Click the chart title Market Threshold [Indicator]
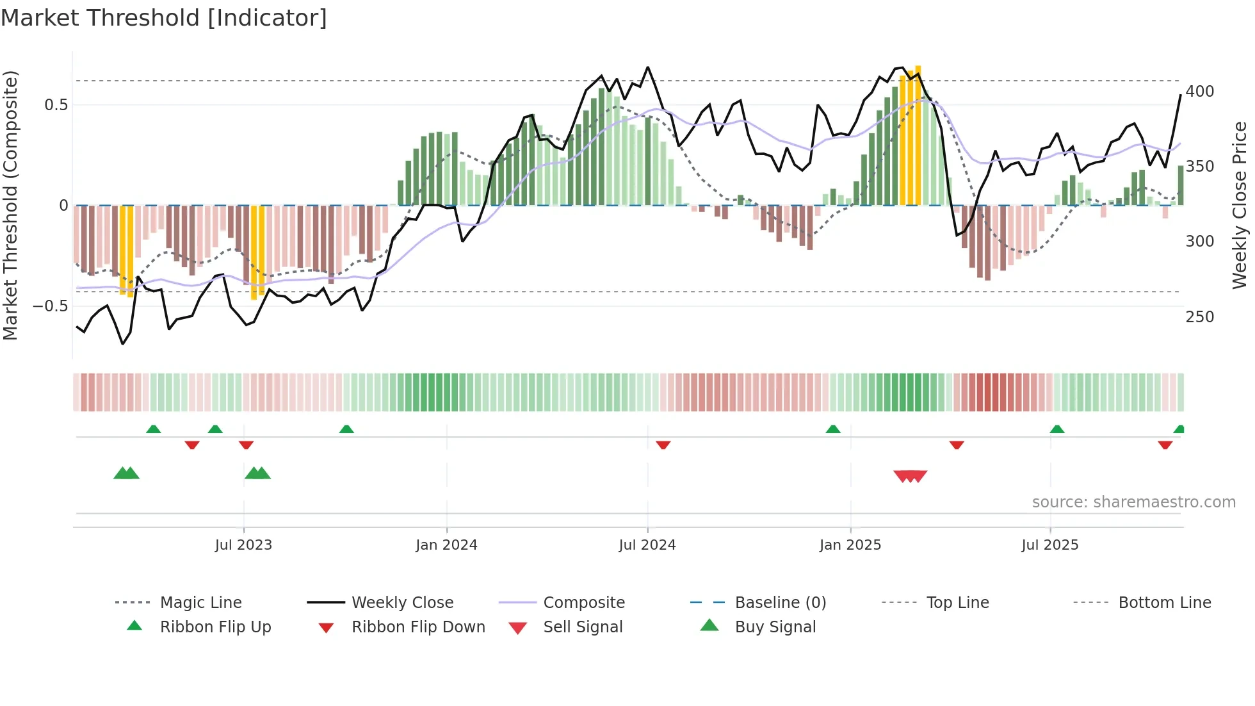[164, 18]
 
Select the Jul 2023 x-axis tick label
[243, 545]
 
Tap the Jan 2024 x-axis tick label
[446, 545]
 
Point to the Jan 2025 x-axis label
[850, 545]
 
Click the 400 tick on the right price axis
[1199, 92]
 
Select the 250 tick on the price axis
[1199, 317]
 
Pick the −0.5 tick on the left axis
[50, 306]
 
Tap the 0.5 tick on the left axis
[56, 105]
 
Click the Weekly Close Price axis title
[1240, 205]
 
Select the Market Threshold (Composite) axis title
[10, 205]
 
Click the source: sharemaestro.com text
[1133, 502]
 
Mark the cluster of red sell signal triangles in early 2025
[910, 476]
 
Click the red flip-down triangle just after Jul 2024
[663, 445]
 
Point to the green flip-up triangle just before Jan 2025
[832, 429]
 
